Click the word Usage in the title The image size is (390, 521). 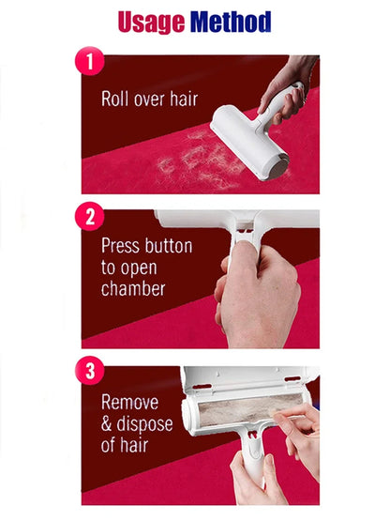(x=151, y=22)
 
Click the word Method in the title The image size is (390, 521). (x=231, y=22)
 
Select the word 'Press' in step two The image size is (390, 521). (x=123, y=247)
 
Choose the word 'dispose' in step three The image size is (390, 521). (x=151, y=425)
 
